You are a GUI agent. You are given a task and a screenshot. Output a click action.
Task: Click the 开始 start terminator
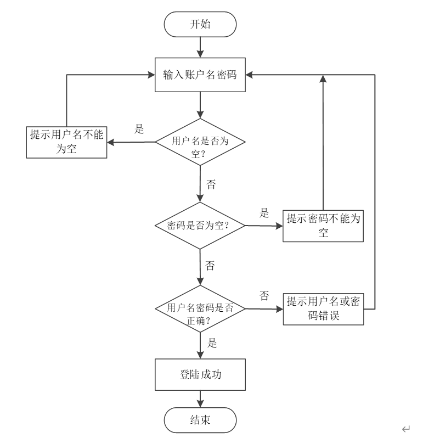pyautogui.click(x=200, y=25)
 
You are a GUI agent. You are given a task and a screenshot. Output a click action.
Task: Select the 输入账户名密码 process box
pyautogui.click(x=200, y=75)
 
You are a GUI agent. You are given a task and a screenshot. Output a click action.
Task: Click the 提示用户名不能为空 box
pyautogui.click(x=66, y=142)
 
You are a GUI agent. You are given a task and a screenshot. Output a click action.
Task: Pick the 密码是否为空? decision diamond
pyautogui.click(x=200, y=226)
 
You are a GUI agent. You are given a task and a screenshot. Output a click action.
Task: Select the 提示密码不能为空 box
pyautogui.click(x=324, y=226)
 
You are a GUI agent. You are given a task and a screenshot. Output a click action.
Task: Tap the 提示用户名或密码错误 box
pyautogui.click(x=324, y=309)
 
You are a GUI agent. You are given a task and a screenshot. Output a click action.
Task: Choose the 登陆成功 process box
pyautogui.click(x=200, y=374)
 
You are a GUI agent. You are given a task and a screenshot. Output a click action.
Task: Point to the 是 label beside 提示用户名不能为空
pyautogui.click(x=139, y=130)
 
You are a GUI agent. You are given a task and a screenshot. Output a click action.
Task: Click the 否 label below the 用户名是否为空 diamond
pyautogui.click(x=211, y=184)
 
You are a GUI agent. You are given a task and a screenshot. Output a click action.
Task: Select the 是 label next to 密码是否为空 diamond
pyautogui.click(x=264, y=213)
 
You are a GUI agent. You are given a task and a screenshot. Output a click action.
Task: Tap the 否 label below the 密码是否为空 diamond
pyautogui.click(x=210, y=266)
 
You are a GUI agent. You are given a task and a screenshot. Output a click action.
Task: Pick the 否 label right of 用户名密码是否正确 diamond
pyautogui.click(x=264, y=296)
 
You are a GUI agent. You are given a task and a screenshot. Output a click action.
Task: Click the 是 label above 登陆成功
pyautogui.click(x=212, y=344)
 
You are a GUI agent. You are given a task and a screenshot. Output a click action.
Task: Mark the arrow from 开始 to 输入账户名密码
pyautogui.click(x=200, y=47)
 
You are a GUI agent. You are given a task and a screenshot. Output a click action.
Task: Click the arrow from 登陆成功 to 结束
pyautogui.click(x=200, y=398)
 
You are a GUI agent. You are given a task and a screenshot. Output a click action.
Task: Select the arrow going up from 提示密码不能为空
pyautogui.click(x=324, y=143)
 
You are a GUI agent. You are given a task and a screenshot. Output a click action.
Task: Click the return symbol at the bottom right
pyautogui.click(x=406, y=429)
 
